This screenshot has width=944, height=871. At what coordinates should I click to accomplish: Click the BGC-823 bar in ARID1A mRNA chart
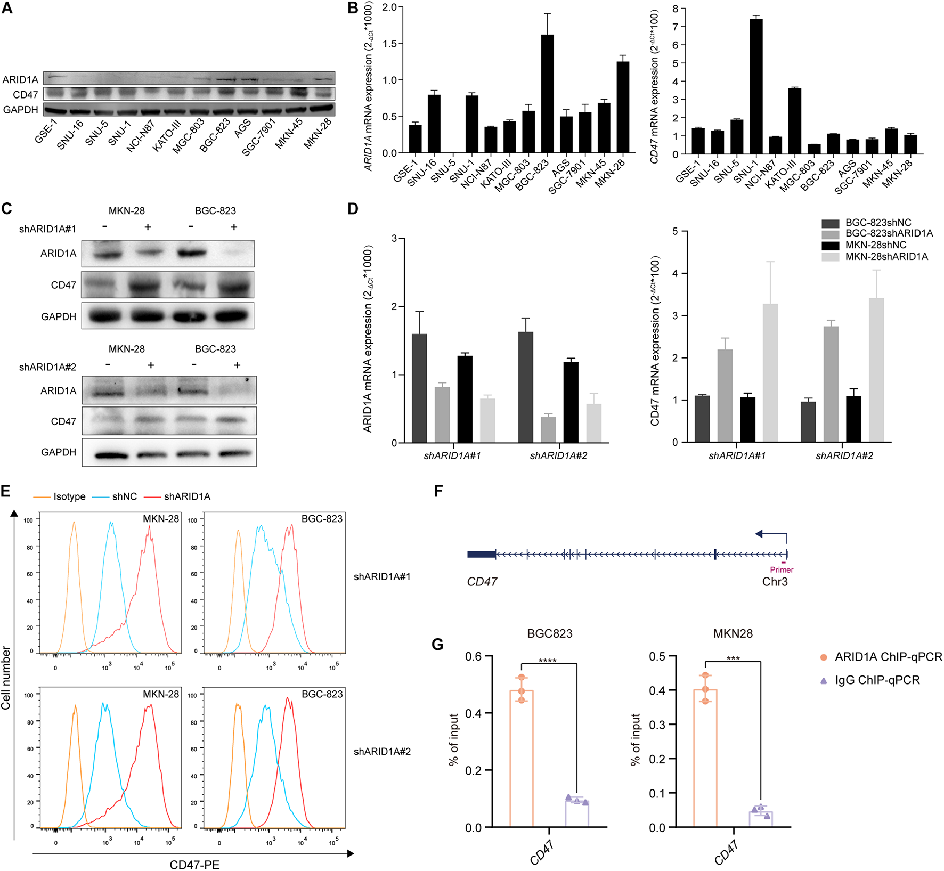[x=547, y=94]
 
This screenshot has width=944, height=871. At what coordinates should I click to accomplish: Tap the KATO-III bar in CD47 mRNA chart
[x=794, y=121]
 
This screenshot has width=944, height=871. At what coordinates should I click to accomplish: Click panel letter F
[x=438, y=491]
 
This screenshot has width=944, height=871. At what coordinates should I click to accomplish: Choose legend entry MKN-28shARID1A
[x=886, y=257]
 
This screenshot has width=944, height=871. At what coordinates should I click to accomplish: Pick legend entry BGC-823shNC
[x=878, y=223]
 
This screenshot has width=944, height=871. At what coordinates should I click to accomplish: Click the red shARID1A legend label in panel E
[x=187, y=496]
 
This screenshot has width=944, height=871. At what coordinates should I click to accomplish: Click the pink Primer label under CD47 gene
[x=782, y=569]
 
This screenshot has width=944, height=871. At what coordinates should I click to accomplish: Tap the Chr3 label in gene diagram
[x=775, y=582]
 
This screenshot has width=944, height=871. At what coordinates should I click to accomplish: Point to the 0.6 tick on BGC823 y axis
[x=473, y=656]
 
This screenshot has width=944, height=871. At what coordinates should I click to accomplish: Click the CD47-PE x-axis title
[x=194, y=864]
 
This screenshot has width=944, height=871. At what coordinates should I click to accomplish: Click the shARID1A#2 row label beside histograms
[x=382, y=752]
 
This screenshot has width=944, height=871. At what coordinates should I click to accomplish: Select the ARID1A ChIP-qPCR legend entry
[x=888, y=657]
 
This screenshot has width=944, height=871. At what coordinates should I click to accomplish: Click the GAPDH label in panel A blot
[x=21, y=110]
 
